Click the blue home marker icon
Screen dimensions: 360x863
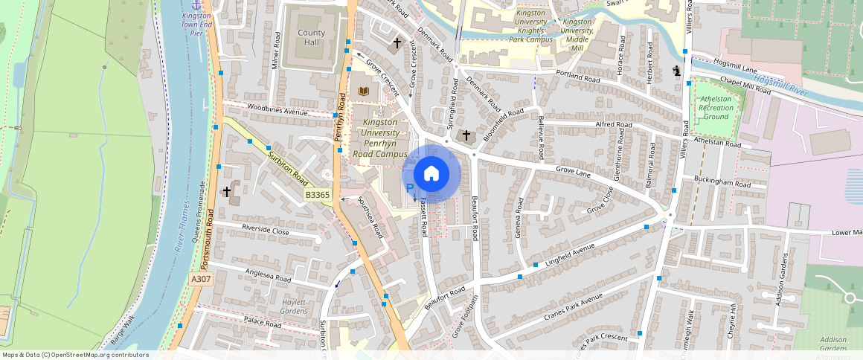tap(431, 174)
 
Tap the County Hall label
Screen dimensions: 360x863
tap(310, 38)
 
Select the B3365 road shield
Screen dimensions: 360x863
tap(318, 195)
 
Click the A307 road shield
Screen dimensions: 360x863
tap(200, 279)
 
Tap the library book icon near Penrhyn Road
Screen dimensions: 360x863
tap(364, 91)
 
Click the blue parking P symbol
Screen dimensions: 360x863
tap(409, 188)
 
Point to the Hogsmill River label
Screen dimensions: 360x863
tap(780, 84)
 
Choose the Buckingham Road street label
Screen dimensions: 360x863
tap(722, 183)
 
